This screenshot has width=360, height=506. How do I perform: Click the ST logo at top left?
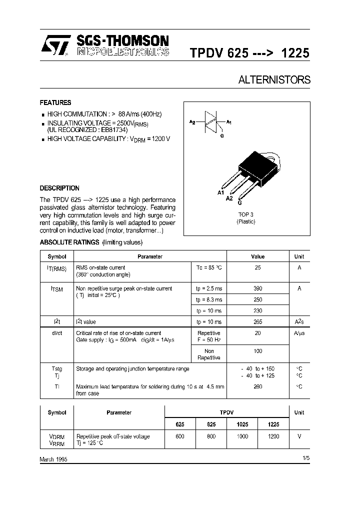(x=52, y=45)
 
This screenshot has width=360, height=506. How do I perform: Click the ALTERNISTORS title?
(x=274, y=80)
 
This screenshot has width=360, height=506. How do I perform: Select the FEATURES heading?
(x=55, y=102)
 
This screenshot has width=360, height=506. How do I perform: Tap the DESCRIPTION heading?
(x=59, y=188)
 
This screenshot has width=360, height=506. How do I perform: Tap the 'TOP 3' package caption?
(x=245, y=214)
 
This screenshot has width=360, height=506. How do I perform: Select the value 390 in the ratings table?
(x=257, y=288)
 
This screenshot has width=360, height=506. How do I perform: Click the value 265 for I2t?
(x=257, y=322)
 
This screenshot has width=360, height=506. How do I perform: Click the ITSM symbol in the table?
(x=56, y=289)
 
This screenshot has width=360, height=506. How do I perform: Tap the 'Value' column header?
(x=257, y=256)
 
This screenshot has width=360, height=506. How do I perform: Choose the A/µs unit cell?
(x=299, y=333)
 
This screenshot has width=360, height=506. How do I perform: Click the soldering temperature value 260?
(x=257, y=386)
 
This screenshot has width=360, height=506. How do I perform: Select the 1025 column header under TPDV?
(x=242, y=424)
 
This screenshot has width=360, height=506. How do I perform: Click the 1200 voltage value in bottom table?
(x=273, y=436)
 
